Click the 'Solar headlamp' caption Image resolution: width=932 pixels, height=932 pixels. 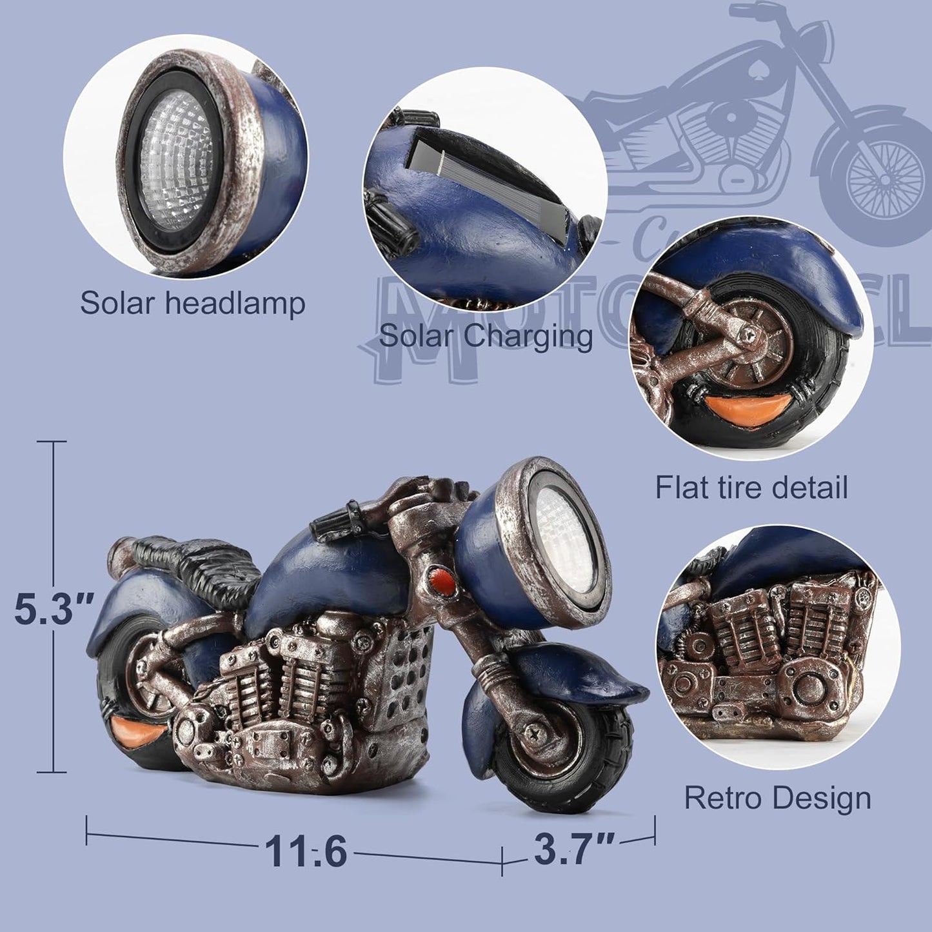pyautogui.click(x=192, y=302)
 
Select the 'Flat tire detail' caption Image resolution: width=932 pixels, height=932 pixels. pyautogui.click(x=751, y=487)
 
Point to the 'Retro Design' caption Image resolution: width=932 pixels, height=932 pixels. pyautogui.click(x=777, y=798)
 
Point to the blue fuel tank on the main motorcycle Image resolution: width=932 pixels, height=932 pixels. pyautogui.click(x=335, y=574)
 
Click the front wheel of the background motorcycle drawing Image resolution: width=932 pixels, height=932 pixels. pyautogui.click(x=884, y=178)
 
